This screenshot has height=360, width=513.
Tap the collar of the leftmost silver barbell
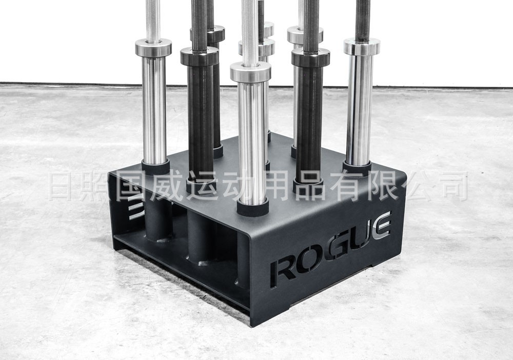click(x=153, y=47)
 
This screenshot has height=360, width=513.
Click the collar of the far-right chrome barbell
click(x=362, y=47)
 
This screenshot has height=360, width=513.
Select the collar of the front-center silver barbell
click(x=250, y=72)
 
